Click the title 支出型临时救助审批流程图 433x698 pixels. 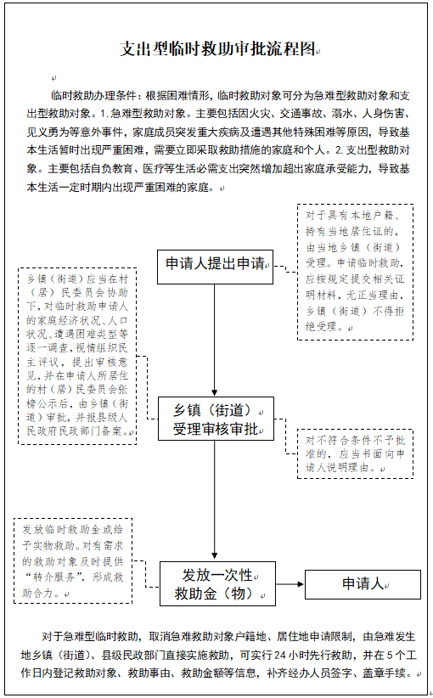tap(218, 49)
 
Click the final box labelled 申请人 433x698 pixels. tap(363, 584)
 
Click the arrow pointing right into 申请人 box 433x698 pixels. tap(290, 584)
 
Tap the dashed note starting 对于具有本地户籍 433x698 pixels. tap(355, 271)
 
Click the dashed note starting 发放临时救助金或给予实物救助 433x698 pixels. tap(72, 560)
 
